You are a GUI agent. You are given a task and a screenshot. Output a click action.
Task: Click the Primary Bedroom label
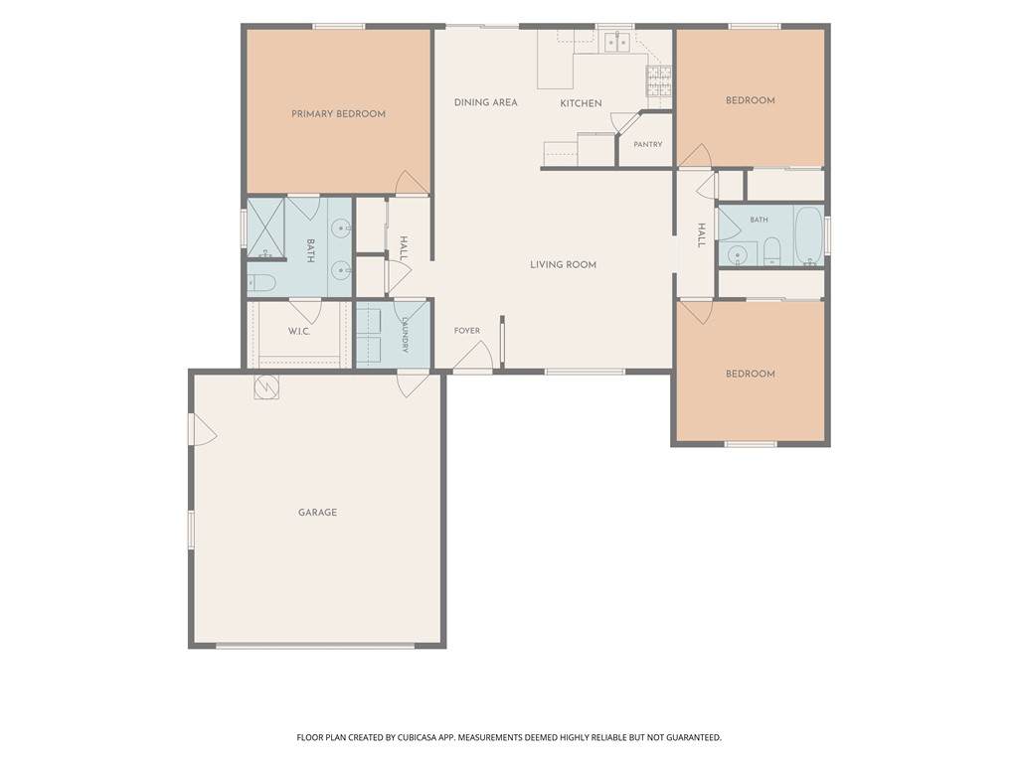(x=338, y=114)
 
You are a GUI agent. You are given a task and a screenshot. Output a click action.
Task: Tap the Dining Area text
(x=485, y=102)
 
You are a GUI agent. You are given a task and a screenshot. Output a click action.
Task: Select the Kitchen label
(x=581, y=103)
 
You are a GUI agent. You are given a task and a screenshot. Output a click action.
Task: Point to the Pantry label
(x=648, y=144)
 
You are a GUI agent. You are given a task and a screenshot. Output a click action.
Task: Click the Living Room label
(x=563, y=264)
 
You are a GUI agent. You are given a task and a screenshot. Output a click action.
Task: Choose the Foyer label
(x=467, y=331)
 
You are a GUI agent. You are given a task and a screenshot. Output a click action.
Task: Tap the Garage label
(x=317, y=513)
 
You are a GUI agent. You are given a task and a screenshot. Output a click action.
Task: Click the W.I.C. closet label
(x=298, y=332)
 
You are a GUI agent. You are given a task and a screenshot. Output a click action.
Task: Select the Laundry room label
(x=405, y=334)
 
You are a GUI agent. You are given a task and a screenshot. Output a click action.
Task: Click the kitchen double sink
(x=616, y=42)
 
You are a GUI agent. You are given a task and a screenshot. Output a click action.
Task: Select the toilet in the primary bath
(x=262, y=283)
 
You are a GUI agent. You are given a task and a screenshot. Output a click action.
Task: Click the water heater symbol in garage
(x=266, y=387)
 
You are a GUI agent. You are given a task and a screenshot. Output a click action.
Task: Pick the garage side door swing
(x=203, y=429)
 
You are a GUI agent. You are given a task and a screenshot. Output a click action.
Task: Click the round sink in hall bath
(x=737, y=255)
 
